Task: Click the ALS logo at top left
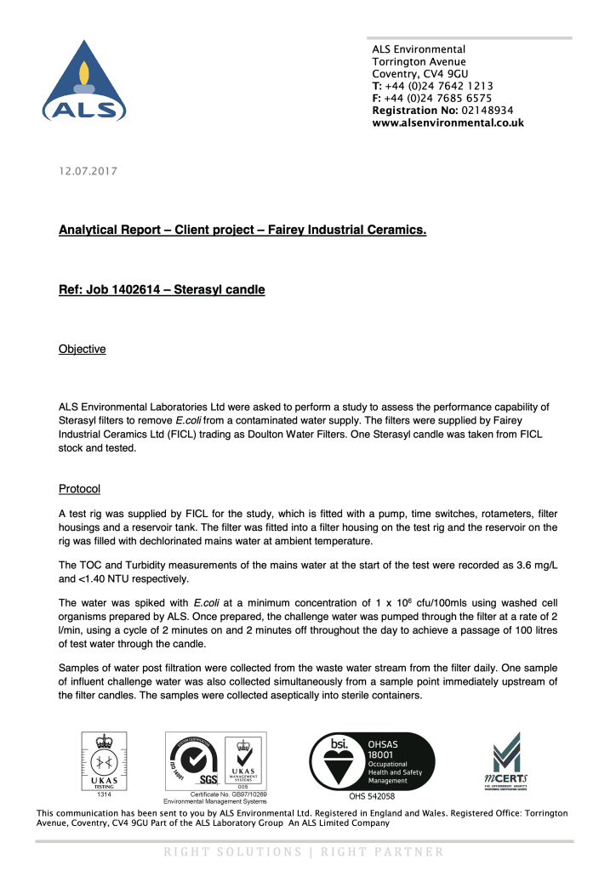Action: (x=84, y=81)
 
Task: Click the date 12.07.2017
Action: (x=88, y=172)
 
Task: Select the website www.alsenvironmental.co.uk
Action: (x=448, y=122)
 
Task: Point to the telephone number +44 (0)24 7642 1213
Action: (x=439, y=86)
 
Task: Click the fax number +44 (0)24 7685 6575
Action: (x=438, y=98)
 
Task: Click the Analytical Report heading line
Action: (x=242, y=231)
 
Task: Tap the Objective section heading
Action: (x=82, y=349)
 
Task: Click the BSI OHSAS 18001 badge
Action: (x=371, y=759)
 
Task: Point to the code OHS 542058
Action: (x=372, y=797)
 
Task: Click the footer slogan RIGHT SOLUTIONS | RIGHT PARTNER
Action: (x=304, y=851)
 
